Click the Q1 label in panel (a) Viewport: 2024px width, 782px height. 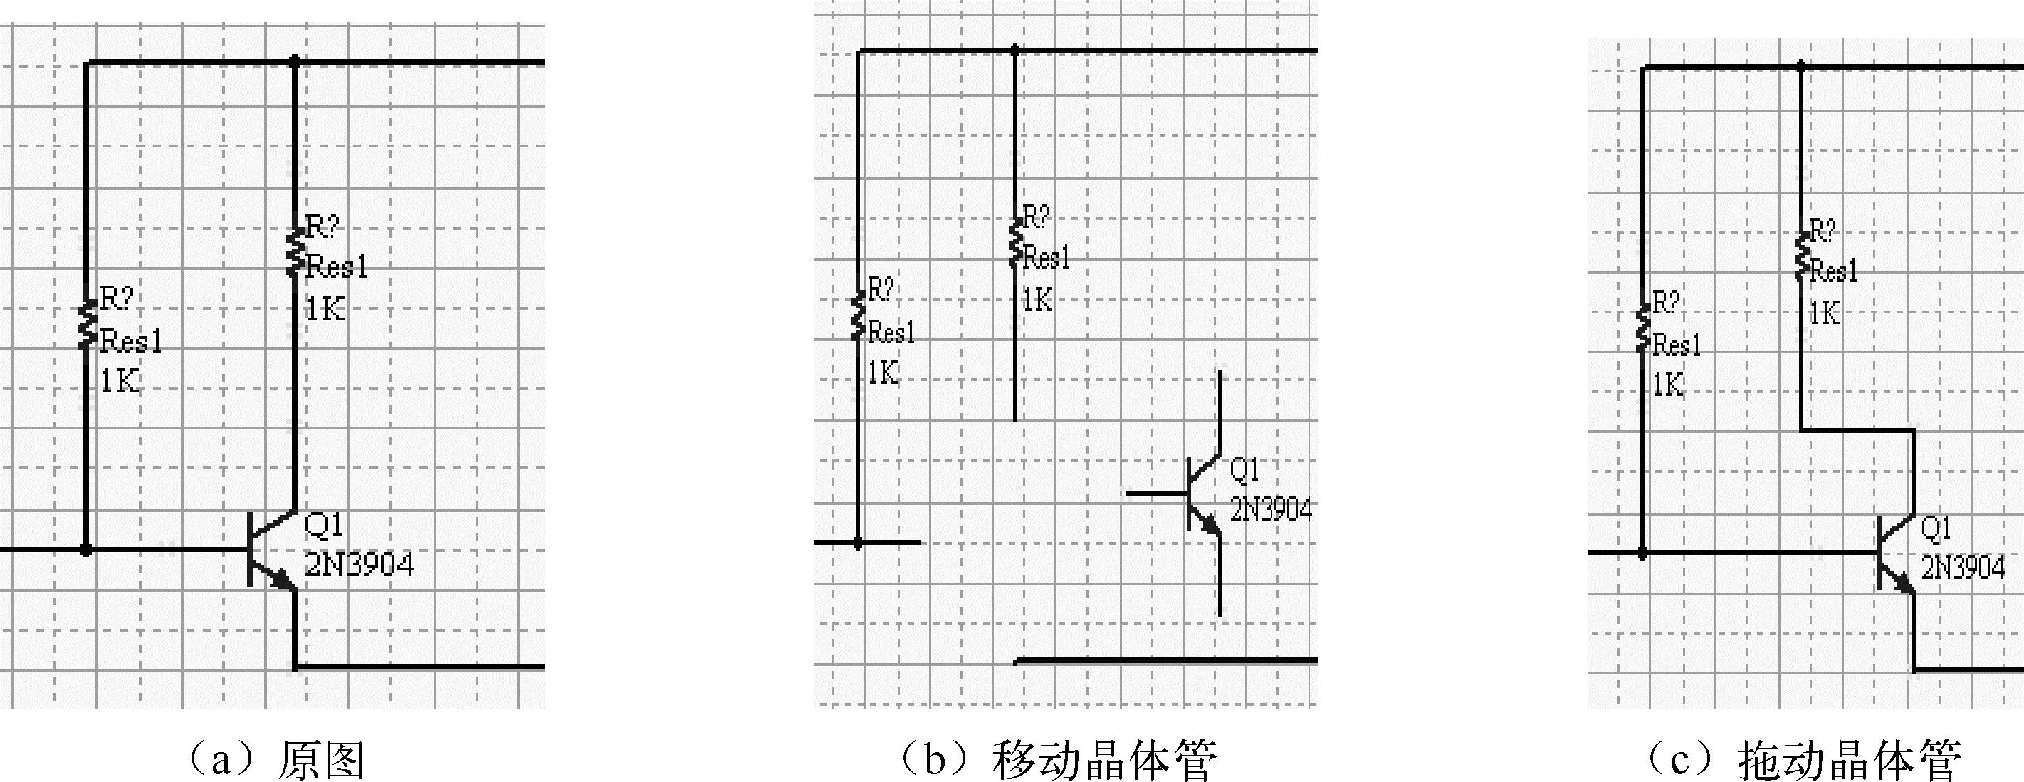click(323, 524)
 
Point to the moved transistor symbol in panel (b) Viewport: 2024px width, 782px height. click(1202, 494)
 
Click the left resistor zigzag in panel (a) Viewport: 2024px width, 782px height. click(86, 325)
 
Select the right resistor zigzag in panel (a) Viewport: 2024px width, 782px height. click(295, 252)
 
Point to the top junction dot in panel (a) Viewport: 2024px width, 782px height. click(295, 61)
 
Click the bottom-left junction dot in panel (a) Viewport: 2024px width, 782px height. click(86, 550)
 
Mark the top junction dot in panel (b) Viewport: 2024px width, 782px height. click(1014, 51)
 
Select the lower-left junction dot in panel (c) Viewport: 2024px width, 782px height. click(1642, 553)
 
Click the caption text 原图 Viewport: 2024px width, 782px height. click(322, 760)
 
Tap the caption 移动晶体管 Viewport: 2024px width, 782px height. click(1104, 760)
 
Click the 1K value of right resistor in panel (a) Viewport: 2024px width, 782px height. click(325, 309)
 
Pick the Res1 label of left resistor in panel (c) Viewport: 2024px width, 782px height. click(1677, 344)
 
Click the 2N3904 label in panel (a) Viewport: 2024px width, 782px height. click(359, 563)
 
